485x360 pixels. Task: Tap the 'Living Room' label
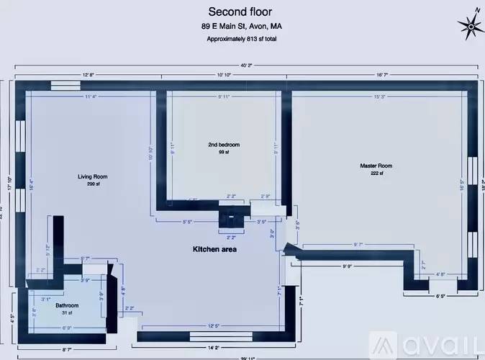point(93,176)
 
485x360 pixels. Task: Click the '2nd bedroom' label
point(223,145)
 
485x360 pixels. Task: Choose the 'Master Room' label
point(376,166)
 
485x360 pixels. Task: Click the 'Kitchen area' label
point(214,249)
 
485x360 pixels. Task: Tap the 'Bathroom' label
point(67,305)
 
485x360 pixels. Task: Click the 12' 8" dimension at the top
point(89,75)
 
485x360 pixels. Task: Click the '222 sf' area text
point(376,174)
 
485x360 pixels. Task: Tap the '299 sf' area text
point(93,184)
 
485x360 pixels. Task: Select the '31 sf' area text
point(67,313)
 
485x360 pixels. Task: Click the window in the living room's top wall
point(68,85)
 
